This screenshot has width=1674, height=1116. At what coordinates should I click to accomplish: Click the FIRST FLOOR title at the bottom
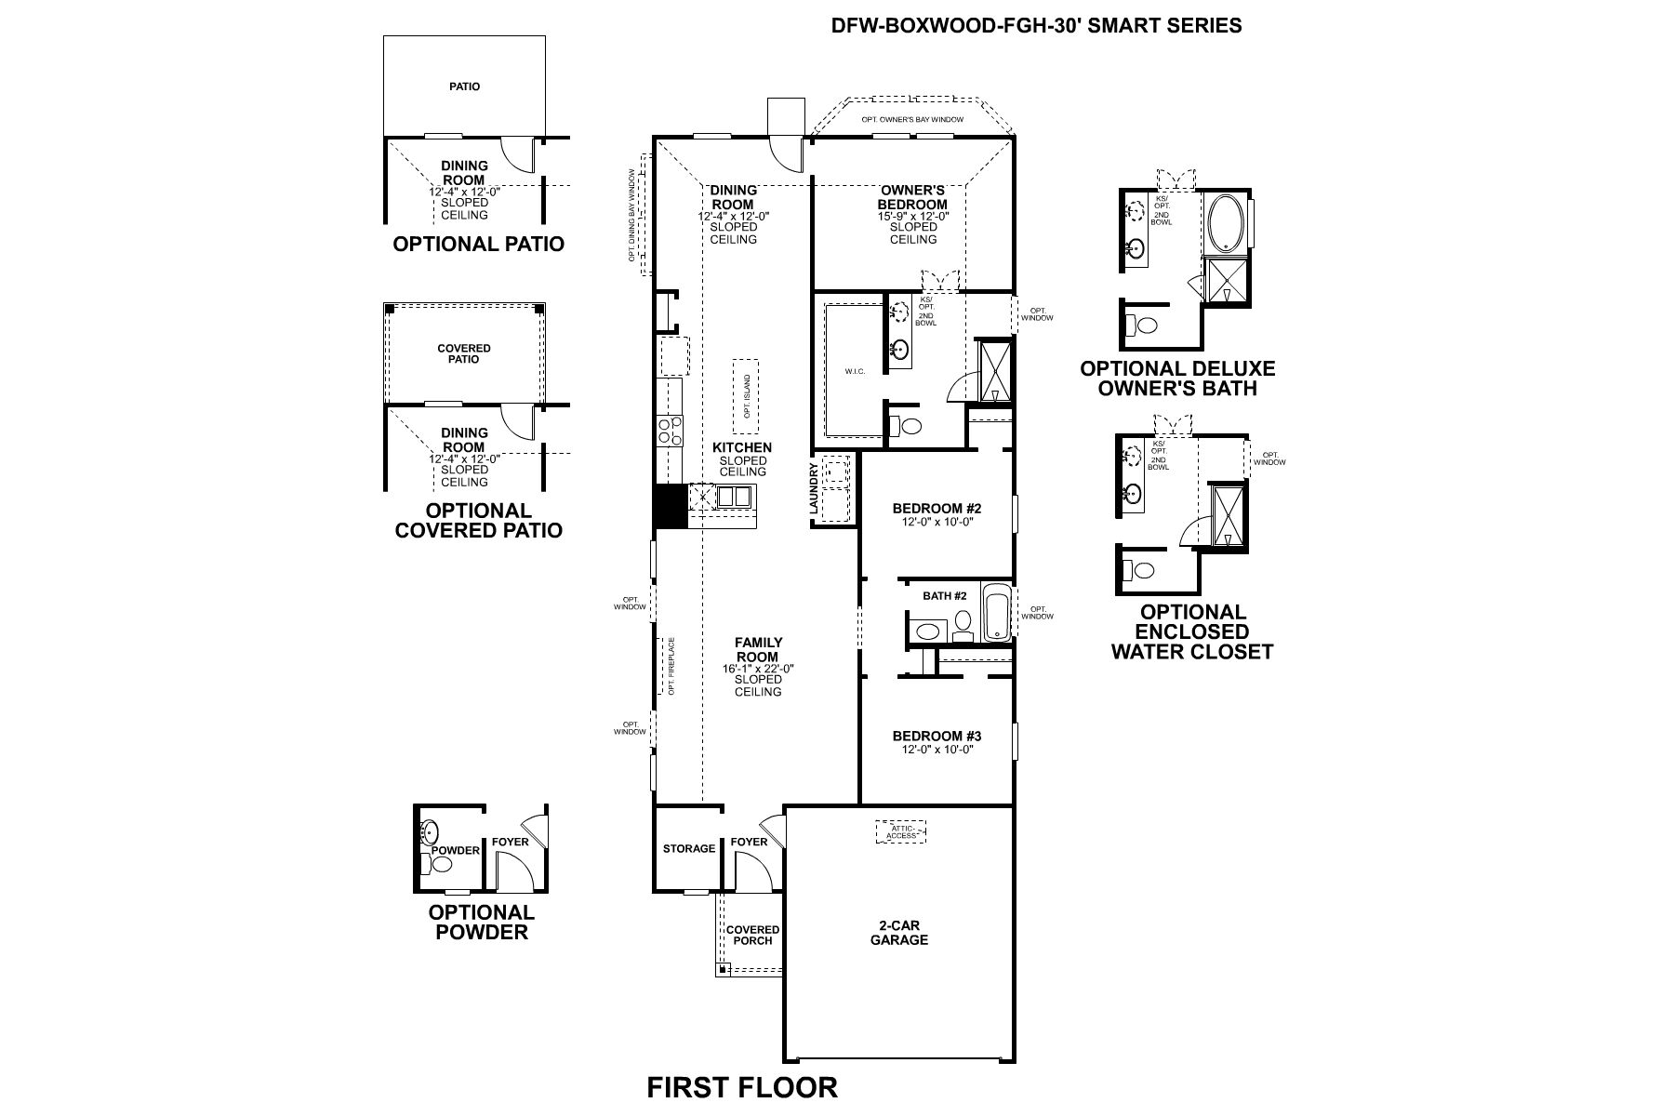coord(741,1086)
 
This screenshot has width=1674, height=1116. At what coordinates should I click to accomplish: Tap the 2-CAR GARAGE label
coord(898,933)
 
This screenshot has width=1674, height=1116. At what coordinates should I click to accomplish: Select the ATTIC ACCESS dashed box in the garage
coord(900,831)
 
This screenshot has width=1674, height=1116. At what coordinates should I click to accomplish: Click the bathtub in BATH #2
coord(995,612)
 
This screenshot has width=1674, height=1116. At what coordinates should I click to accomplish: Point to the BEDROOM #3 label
coord(937,736)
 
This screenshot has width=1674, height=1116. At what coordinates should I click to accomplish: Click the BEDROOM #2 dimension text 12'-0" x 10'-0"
coord(937,522)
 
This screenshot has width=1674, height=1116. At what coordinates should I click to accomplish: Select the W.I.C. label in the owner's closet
coord(855,372)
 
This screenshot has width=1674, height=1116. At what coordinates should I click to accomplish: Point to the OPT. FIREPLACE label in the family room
coord(670,666)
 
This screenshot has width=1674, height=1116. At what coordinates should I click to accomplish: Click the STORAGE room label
coord(689,848)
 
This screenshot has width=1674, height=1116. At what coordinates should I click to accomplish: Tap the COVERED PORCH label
coord(752,935)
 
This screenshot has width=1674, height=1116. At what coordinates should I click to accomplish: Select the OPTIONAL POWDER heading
coord(481,922)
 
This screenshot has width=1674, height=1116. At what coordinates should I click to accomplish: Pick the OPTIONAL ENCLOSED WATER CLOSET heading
coord(1191,631)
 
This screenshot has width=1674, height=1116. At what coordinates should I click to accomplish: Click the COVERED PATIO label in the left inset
coord(464,353)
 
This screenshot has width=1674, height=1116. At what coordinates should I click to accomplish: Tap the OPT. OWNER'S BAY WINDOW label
coord(911,119)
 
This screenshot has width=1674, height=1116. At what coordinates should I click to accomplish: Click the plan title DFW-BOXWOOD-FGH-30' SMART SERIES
coord(1036,25)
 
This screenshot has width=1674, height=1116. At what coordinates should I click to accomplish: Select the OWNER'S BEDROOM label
coord(912,197)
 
